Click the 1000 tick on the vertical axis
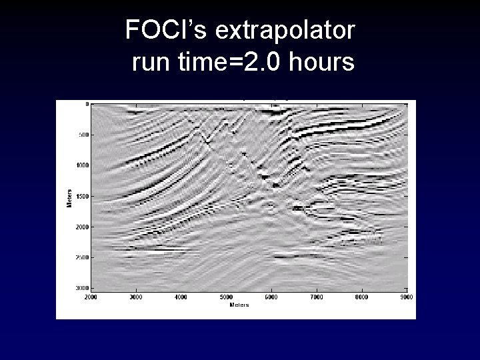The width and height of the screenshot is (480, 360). pos(81,165)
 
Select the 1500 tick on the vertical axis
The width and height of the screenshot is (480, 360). pos(81,197)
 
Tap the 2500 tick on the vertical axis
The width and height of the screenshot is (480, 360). pos(81,257)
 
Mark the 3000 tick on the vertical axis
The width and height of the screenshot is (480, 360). pos(81,287)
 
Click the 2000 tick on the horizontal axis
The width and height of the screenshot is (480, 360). pos(90,297)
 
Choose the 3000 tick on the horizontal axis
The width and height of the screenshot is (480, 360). pos(135,297)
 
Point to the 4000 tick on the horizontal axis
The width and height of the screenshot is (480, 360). pos(181,297)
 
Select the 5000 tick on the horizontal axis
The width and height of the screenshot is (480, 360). pos(226,297)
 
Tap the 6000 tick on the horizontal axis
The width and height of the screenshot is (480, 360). pos(271,297)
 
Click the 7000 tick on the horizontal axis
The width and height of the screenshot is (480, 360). pos(317,297)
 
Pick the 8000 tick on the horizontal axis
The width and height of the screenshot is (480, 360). pos(361,297)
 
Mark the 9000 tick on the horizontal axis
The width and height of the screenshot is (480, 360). pos(406,297)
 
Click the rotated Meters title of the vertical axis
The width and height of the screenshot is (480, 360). pos(68,196)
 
